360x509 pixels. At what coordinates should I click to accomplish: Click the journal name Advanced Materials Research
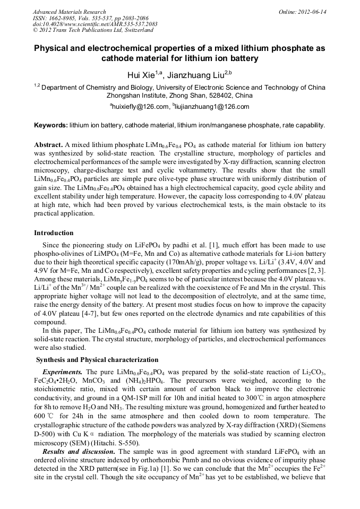[69, 12]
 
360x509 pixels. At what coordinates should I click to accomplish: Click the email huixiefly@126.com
[139, 107]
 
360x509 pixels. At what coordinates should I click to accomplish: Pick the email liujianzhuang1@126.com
[211, 107]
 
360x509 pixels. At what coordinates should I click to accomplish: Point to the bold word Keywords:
[51, 125]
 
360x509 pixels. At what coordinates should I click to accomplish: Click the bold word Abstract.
[48, 145]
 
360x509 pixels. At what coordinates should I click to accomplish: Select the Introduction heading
[54, 232]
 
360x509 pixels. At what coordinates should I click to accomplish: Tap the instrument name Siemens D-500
[307, 424]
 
